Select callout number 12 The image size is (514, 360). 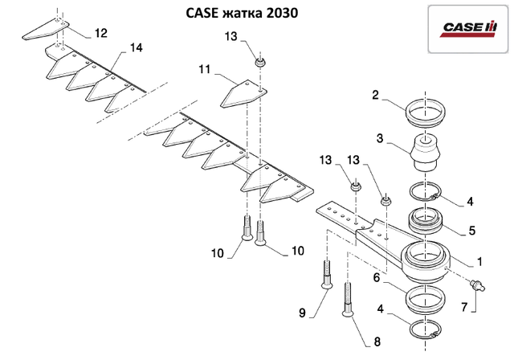100,33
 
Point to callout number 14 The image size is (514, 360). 135,48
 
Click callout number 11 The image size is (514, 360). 205,70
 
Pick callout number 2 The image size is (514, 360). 375,94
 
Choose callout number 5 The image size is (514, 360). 471,230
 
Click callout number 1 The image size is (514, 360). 479,262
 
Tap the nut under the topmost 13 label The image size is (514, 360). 259,62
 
